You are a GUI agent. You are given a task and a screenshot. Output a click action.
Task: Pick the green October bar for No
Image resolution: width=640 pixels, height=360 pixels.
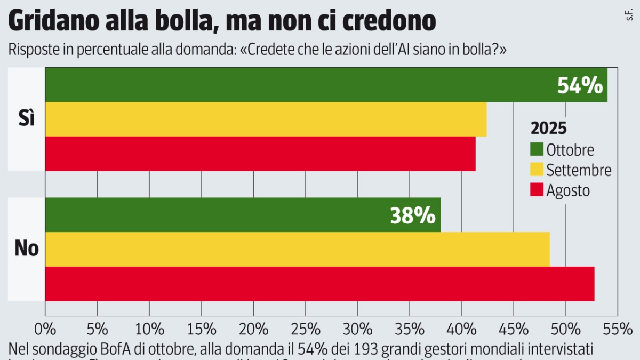(x=213, y=215)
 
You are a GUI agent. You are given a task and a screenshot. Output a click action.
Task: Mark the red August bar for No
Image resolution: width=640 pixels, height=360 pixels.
(x=319, y=284)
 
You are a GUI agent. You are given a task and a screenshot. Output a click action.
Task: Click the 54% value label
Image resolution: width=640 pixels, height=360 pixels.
(x=580, y=85)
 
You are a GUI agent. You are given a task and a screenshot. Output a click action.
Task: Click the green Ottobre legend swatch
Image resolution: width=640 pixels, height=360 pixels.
(x=537, y=149)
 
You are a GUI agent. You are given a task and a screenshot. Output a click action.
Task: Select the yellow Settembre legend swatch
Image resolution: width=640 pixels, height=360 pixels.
(x=537, y=170)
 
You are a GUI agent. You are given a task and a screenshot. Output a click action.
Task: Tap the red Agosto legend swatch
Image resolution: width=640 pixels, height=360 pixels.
(x=537, y=190)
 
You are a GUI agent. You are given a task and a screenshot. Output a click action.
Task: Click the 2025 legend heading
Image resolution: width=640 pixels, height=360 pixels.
(x=548, y=129)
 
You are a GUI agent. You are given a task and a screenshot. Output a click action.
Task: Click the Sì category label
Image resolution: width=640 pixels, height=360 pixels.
(x=26, y=119)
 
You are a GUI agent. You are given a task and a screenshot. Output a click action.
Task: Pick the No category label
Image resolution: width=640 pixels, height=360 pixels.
(x=27, y=248)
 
